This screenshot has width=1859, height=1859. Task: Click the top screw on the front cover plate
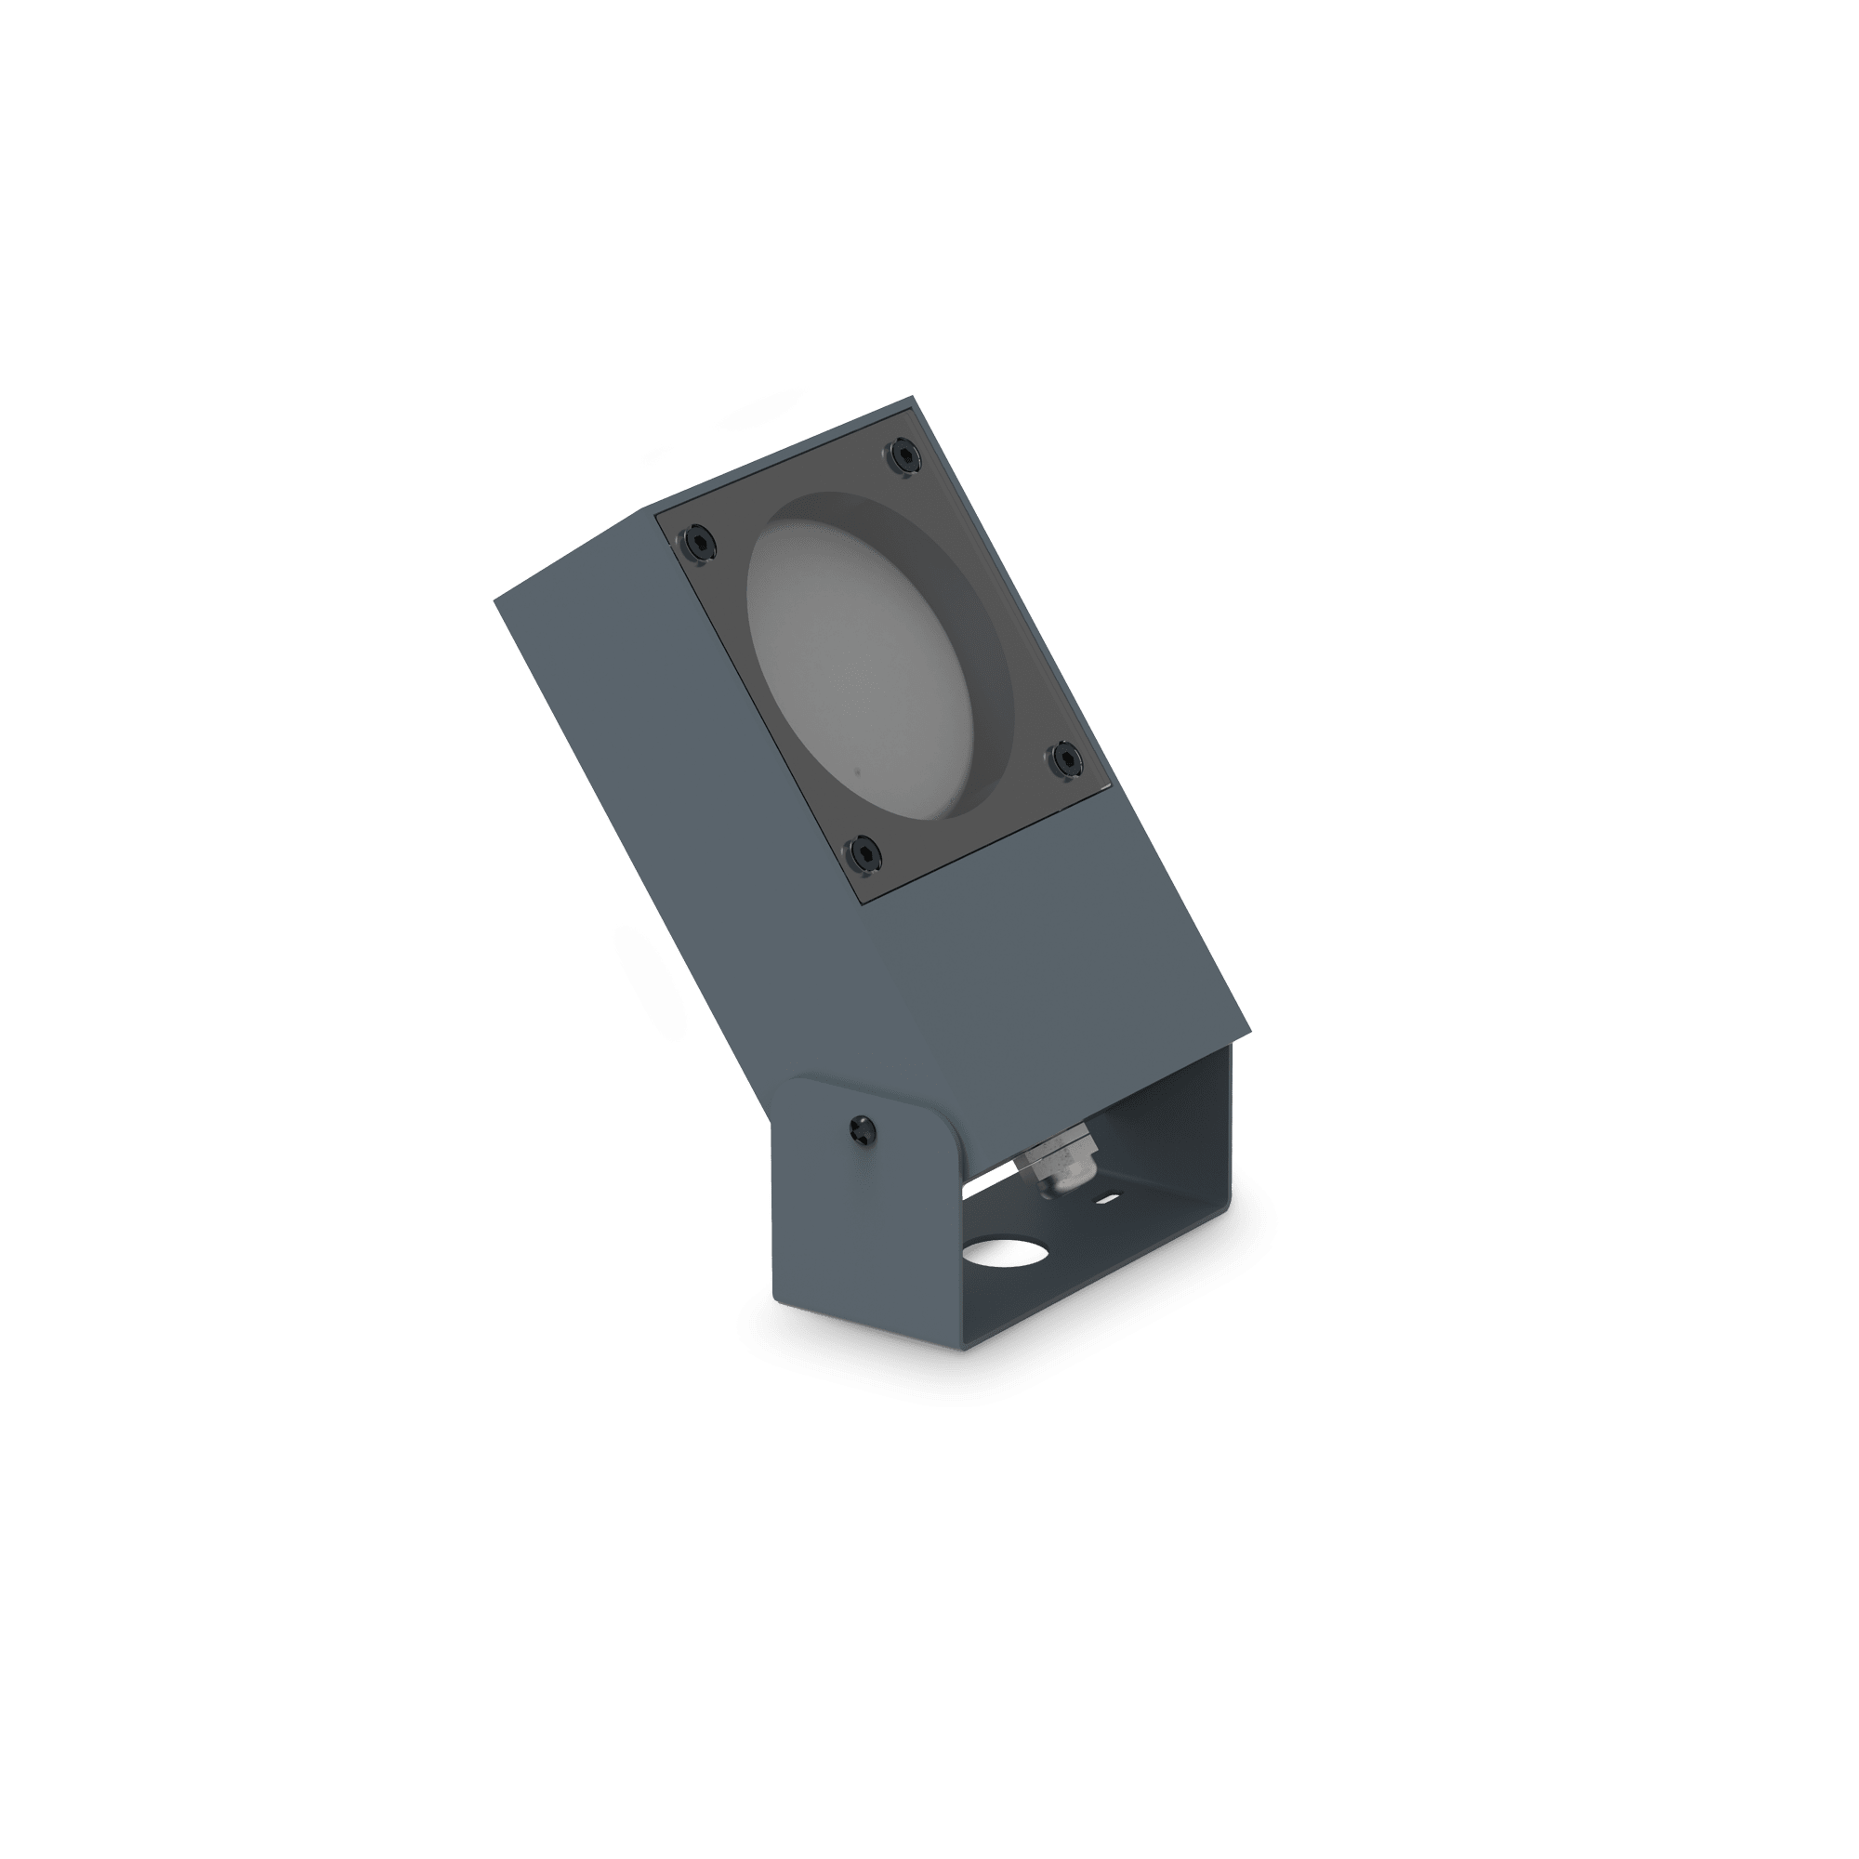pyautogui.click(x=903, y=454)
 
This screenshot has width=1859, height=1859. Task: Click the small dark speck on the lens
pyautogui.click(x=855, y=771)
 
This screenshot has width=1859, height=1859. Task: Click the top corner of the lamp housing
pyautogui.click(x=907, y=401)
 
